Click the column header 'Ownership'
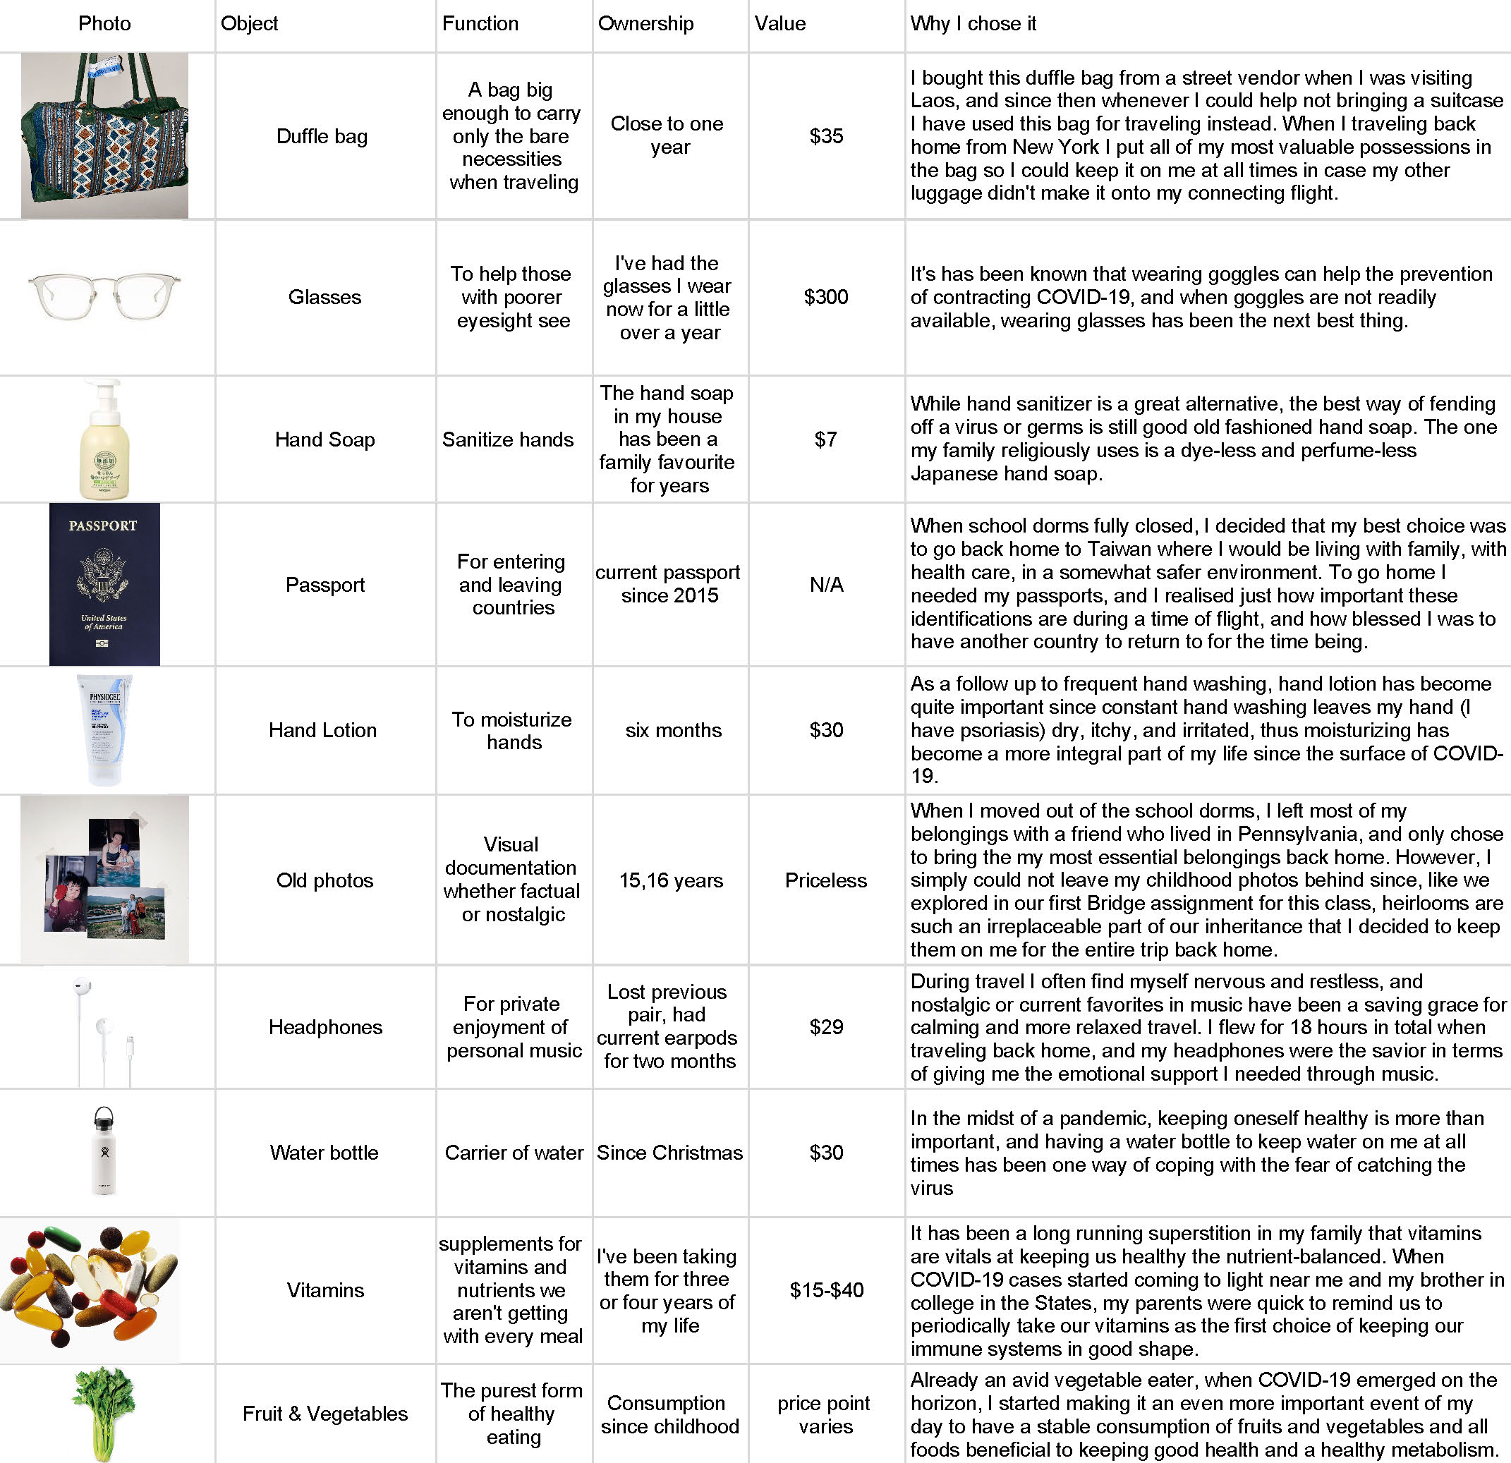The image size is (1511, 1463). tap(645, 24)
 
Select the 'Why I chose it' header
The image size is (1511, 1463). tap(973, 24)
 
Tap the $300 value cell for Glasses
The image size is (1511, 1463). tap(825, 297)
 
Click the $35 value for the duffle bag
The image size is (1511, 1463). tap(825, 136)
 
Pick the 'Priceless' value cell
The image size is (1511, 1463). tap(825, 880)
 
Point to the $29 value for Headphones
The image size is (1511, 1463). tap(825, 1027)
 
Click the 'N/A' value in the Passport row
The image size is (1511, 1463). tap(825, 584)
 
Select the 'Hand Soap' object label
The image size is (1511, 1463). tap(324, 439)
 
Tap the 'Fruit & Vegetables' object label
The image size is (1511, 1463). tap(324, 1414)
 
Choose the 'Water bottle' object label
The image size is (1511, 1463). tap(324, 1153)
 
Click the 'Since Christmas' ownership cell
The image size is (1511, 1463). tap(669, 1153)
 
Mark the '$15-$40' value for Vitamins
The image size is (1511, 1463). tap(825, 1289)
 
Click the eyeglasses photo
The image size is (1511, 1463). tap(105, 296)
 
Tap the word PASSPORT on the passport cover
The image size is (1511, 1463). tap(102, 526)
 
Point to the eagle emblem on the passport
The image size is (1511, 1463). tap(103, 575)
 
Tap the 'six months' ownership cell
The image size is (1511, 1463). tap(673, 730)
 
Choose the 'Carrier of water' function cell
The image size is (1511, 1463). tap(514, 1153)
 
